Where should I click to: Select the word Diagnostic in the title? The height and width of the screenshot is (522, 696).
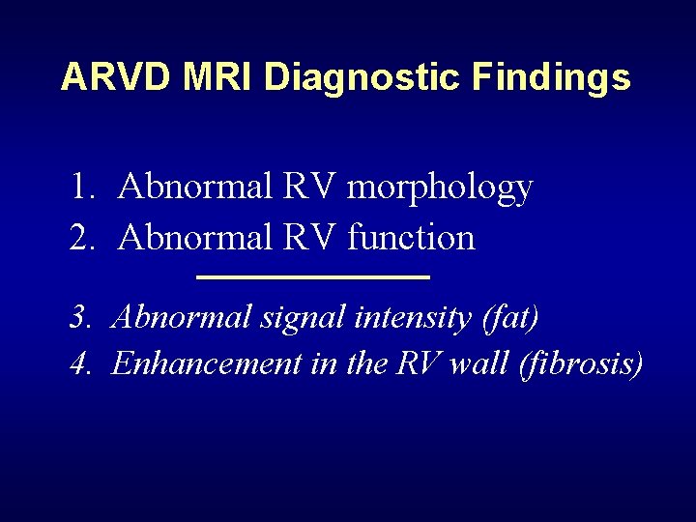pos(362,77)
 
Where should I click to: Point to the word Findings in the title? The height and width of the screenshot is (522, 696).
pos(551,77)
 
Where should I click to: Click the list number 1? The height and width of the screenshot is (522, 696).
pos(80,187)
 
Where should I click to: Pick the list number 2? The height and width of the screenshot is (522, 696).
pos(80,237)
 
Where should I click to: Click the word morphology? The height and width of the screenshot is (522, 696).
pos(439,188)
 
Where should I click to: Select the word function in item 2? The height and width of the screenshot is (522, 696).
pos(411,237)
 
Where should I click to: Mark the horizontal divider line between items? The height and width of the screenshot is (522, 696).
pos(312,277)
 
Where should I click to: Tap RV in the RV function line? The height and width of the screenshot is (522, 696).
pos(311,237)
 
